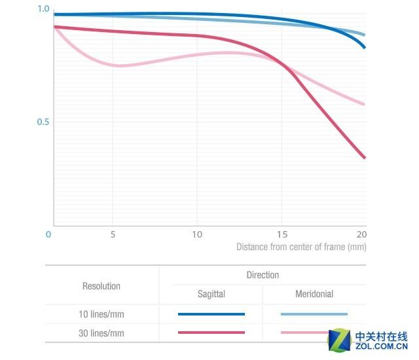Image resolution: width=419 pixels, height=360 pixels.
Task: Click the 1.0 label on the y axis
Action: [43, 9]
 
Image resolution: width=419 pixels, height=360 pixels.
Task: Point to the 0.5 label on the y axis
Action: [43, 122]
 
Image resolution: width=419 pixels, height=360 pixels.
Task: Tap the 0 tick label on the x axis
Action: [48, 234]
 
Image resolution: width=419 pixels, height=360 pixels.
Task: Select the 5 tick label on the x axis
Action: [113, 234]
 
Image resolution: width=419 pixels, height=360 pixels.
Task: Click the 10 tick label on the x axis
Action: [196, 234]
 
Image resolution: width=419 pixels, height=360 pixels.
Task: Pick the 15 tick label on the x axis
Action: [282, 234]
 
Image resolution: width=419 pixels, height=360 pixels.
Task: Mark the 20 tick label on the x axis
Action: [361, 234]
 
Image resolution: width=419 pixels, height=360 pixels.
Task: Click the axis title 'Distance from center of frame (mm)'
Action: [301, 247]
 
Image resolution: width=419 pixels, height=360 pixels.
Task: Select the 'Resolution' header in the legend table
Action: [101, 286]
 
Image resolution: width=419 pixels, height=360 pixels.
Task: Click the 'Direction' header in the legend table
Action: [263, 276]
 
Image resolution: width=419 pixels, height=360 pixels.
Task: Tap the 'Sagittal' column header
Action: [211, 295]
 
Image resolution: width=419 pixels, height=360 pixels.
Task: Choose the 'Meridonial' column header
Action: [314, 295]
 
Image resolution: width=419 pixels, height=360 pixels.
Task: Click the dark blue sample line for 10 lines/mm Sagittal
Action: [211, 314]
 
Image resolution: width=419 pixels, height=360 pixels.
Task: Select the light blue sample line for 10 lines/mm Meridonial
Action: [314, 314]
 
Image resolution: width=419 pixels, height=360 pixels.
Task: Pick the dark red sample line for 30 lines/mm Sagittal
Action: [211, 333]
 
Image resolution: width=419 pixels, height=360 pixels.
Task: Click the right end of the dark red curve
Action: [364, 157]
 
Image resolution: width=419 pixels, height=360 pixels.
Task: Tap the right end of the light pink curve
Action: [364, 104]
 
